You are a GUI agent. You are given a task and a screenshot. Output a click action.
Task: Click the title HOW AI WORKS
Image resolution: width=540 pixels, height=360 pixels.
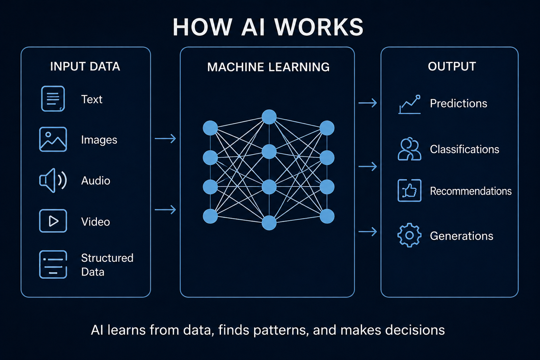268,27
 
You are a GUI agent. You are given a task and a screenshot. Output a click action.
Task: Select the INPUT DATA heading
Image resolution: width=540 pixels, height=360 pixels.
85,66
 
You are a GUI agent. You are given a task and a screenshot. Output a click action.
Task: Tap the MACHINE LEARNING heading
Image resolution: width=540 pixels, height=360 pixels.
268,67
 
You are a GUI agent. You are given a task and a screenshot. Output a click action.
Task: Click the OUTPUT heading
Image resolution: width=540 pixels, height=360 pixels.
452,66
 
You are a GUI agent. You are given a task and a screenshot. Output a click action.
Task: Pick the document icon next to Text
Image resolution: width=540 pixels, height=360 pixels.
53,99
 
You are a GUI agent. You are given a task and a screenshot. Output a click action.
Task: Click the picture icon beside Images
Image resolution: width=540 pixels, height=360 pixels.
53,139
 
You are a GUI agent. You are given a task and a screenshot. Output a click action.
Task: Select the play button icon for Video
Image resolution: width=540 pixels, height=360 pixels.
53,221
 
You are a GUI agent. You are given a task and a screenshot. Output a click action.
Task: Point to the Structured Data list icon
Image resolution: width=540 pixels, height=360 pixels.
53,265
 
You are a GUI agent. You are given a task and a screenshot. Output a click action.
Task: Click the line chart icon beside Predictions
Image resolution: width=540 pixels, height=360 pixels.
409,104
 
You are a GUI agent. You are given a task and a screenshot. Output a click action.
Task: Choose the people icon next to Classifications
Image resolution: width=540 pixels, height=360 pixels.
409,149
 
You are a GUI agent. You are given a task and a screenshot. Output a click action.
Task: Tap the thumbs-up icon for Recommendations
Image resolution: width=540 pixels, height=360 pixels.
409,191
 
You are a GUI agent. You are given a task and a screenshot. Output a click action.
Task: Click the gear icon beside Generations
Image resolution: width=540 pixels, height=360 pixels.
409,235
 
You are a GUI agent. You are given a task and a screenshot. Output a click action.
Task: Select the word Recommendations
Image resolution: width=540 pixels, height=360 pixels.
470,191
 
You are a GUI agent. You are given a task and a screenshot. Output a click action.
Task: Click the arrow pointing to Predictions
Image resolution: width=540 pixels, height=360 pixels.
368,103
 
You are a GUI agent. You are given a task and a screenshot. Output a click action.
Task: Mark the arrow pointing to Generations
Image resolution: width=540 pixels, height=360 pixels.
368,231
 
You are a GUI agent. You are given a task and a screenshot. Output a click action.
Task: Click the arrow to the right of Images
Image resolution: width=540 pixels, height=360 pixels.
165,138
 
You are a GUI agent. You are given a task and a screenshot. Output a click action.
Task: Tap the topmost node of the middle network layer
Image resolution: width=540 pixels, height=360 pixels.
269,117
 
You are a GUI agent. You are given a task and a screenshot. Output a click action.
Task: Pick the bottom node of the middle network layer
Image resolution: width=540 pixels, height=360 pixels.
269,223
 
